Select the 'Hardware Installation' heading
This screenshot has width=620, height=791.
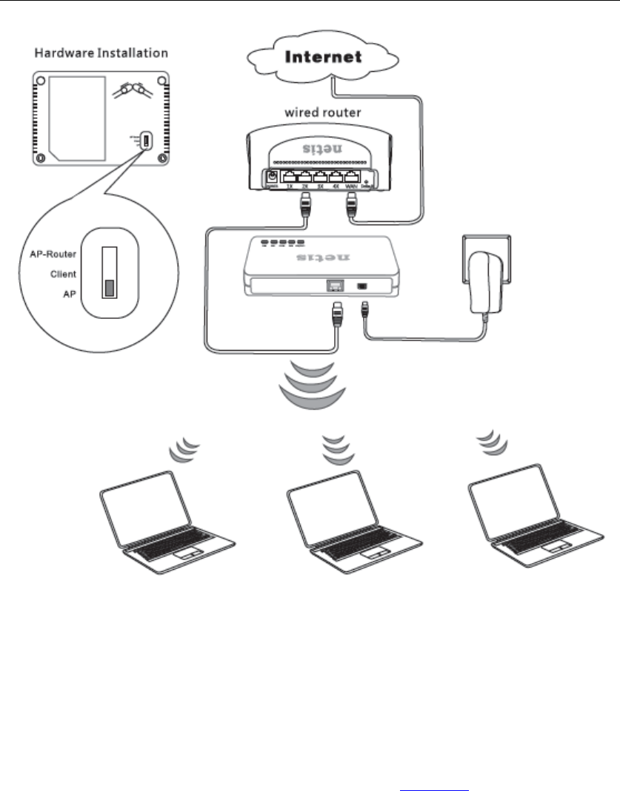coord(101,53)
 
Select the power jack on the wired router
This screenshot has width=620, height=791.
coord(273,178)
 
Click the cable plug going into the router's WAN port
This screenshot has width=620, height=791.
coord(354,208)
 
